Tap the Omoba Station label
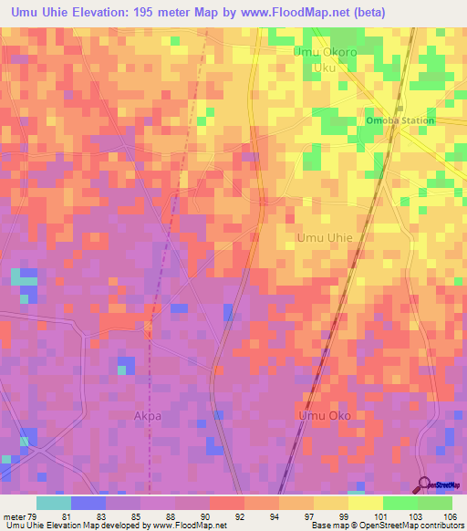click(x=400, y=120)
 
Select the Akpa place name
click(x=147, y=415)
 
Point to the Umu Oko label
click(x=324, y=415)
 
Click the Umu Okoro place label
click(x=324, y=52)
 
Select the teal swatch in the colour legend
click(x=54, y=503)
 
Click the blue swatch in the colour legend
click(x=88, y=503)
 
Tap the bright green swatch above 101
click(x=400, y=503)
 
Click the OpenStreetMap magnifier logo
click(x=425, y=484)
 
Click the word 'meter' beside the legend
click(x=14, y=517)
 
